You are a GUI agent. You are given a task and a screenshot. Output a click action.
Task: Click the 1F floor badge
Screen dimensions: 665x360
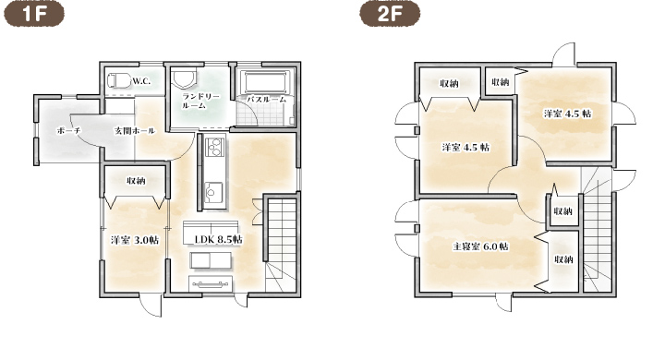point(34,14)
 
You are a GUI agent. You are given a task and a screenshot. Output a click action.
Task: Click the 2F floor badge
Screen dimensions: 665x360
point(390,14)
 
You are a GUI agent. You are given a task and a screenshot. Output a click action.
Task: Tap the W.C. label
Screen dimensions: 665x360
point(141,81)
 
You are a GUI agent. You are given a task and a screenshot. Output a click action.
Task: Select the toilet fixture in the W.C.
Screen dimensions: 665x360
point(119,79)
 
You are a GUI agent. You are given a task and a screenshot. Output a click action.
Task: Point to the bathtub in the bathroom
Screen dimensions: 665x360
point(267,83)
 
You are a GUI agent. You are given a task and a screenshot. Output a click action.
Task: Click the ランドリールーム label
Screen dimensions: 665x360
point(200,101)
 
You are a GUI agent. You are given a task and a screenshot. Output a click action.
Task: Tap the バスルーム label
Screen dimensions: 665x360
point(266,99)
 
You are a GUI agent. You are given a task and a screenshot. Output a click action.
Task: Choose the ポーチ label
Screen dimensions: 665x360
point(68,130)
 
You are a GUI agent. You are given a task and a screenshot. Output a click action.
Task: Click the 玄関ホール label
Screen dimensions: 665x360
point(134,130)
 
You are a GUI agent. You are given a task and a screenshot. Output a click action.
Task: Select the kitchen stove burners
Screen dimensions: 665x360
point(214,147)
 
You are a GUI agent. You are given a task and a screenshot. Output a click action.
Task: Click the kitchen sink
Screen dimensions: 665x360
point(213,191)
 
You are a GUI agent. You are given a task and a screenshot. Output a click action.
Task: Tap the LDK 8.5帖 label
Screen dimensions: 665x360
point(218,240)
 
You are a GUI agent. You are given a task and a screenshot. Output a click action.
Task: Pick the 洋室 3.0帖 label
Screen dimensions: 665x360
point(135,240)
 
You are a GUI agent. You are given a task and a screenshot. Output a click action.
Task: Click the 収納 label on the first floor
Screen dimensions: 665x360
point(136,181)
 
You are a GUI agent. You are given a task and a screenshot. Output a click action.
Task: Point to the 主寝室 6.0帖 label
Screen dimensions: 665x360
point(480,246)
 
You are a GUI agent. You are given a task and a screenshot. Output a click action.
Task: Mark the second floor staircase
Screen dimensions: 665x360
point(597,231)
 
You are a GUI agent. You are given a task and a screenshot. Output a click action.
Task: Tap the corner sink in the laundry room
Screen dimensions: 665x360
point(184,79)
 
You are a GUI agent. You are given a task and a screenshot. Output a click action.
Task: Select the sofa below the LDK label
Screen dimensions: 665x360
point(211,261)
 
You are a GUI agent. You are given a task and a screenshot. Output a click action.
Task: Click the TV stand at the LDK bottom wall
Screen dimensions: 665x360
point(211,283)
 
